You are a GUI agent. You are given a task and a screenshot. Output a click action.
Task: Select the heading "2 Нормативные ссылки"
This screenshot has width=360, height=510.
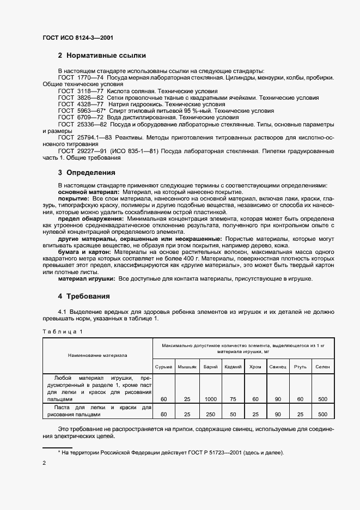(x=102, y=56)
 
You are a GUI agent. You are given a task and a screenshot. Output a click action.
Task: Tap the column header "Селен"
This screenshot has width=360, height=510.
(x=322, y=367)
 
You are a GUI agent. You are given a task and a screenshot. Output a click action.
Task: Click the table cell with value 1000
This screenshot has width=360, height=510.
(x=210, y=399)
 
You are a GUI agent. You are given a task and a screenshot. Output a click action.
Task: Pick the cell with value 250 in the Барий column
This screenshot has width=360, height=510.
(x=210, y=414)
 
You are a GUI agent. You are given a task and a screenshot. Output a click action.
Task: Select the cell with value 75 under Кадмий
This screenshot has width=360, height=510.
(x=233, y=399)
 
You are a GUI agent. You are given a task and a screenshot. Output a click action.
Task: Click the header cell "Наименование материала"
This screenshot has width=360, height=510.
(x=97, y=355)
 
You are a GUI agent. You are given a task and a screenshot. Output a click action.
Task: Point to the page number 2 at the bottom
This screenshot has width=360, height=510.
(x=45, y=463)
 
